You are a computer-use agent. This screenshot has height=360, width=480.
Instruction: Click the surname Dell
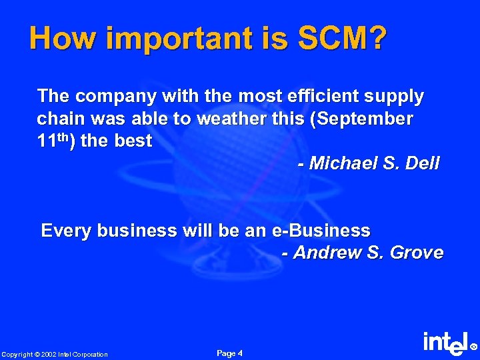[x=424, y=163]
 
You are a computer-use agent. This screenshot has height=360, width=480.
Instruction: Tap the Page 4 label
[x=230, y=353]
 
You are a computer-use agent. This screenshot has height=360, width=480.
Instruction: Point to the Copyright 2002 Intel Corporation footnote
[x=54, y=354]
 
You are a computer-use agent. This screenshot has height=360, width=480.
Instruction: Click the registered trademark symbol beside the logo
[x=474, y=347]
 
